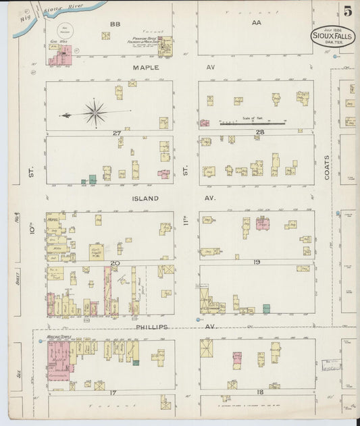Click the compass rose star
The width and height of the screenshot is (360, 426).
coord(95,113)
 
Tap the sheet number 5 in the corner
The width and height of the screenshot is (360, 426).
coord(347,11)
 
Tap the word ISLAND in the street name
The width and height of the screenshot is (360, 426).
coord(145,198)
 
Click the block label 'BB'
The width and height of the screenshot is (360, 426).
coord(114,24)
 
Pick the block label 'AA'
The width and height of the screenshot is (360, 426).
coord(255,23)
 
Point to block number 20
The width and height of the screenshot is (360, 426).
coord(115,263)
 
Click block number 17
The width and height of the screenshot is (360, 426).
coord(115,392)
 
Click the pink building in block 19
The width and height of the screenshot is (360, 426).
coord(263,223)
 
